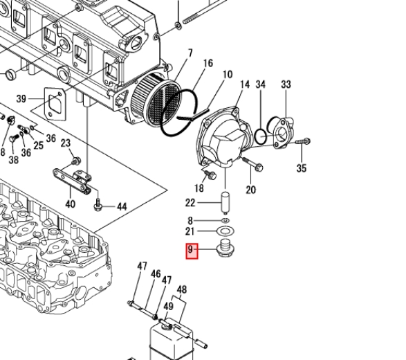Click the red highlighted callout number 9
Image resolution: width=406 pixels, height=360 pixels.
click(x=192, y=251)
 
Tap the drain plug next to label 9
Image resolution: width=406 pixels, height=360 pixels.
click(x=225, y=249)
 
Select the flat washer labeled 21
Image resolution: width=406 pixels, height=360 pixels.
click(x=225, y=231)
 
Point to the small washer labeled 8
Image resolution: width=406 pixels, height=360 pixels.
click(x=225, y=221)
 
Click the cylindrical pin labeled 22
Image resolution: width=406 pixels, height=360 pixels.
click(x=225, y=203)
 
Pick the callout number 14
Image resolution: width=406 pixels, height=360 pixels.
click(x=245, y=84)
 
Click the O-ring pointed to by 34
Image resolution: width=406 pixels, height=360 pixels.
click(x=261, y=136)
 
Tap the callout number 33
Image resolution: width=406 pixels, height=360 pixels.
click(x=286, y=84)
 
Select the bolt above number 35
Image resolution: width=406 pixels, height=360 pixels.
click(x=303, y=141)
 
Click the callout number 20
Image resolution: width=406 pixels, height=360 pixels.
click(x=250, y=190)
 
